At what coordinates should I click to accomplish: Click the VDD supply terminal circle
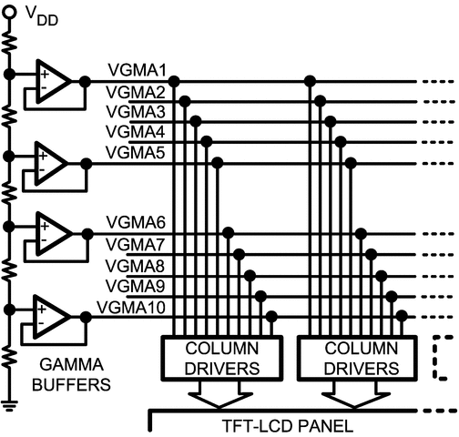click(x=9, y=12)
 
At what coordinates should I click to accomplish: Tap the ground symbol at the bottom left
click(x=9, y=406)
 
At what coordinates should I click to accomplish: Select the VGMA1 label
click(x=138, y=70)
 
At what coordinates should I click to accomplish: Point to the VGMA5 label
click(x=136, y=152)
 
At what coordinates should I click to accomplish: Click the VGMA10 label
click(x=131, y=308)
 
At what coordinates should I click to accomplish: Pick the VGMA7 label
click(x=136, y=244)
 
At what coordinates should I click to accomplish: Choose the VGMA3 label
click(x=136, y=112)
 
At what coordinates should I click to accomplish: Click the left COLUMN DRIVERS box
click(x=222, y=358)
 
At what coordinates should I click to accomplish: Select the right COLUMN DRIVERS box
click(x=357, y=358)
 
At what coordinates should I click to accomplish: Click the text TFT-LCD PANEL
click(x=288, y=426)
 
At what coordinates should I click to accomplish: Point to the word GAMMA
click(x=72, y=364)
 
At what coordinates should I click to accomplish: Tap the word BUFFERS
click(x=71, y=385)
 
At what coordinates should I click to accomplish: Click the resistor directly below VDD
click(x=10, y=44)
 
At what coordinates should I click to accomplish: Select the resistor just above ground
click(x=10, y=357)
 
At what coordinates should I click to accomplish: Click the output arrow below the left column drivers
click(x=220, y=395)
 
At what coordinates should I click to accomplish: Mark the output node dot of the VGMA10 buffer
click(x=86, y=317)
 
